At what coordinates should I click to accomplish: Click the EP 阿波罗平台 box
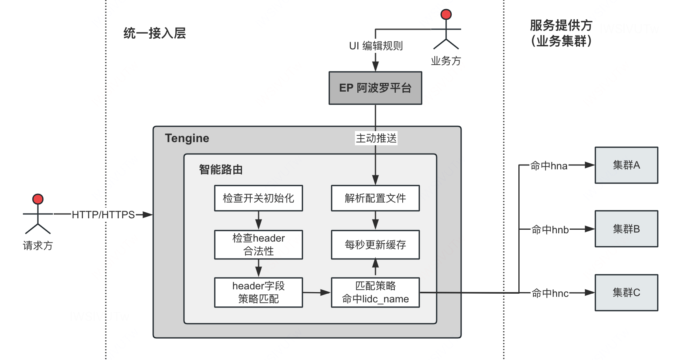tap(375, 88)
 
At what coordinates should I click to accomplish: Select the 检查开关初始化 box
tap(259, 198)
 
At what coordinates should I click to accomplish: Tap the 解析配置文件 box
tap(375, 198)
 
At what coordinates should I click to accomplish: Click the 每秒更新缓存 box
tap(375, 245)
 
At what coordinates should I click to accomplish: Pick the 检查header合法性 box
tap(259, 245)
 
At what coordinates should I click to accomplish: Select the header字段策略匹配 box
tap(259, 292)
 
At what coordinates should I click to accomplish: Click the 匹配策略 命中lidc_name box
tap(375, 292)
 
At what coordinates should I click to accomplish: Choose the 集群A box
tap(626, 165)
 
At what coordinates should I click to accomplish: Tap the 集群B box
tap(626, 229)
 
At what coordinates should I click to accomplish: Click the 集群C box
tap(626, 292)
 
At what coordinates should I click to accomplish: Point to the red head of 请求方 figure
tap(38, 199)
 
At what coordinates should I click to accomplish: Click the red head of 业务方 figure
tap(446, 15)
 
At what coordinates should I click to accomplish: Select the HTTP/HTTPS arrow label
tap(103, 215)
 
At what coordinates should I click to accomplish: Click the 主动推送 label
tap(376, 138)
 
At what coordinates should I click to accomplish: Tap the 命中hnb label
tap(550, 229)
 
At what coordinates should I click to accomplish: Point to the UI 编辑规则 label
tap(376, 46)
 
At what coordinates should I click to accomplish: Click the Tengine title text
tap(187, 138)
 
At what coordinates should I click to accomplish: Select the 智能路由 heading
tap(221, 170)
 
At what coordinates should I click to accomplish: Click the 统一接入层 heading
tap(154, 33)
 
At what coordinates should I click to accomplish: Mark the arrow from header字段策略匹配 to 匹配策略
tap(317, 292)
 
